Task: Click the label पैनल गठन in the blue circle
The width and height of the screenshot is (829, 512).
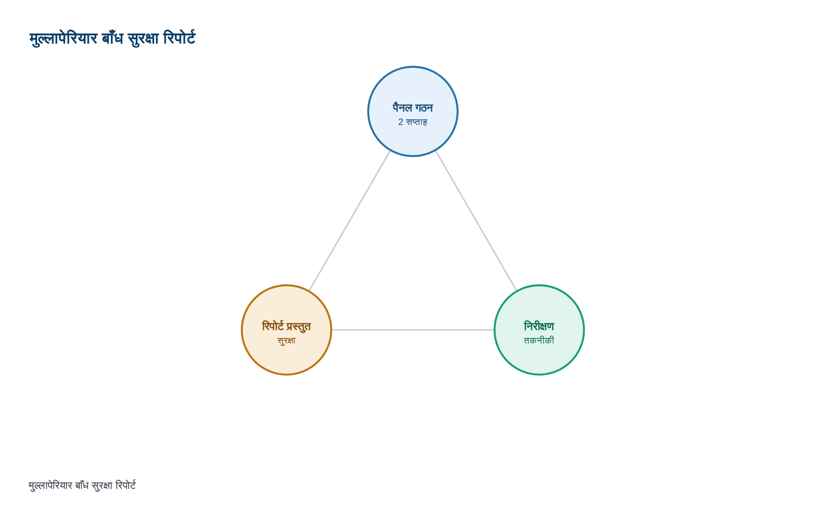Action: coord(413,108)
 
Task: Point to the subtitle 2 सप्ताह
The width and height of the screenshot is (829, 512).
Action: coord(413,122)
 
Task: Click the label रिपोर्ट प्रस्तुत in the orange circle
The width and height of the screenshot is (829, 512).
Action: coord(287,327)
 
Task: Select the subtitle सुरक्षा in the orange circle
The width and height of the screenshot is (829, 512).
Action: coord(287,341)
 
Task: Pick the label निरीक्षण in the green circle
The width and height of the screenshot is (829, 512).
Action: coord(539,326)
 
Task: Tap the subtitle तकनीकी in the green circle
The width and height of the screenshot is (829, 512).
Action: coord(539,340)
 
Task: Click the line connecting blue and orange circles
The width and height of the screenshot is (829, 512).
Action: coord(350,221)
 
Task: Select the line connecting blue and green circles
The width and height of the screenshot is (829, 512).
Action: coord(476,221)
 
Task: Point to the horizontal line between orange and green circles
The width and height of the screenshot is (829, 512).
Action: coord(413,330)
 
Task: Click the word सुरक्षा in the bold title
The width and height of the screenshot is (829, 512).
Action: coord(143,39)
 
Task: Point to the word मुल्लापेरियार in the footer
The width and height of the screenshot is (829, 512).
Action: coord(50,486)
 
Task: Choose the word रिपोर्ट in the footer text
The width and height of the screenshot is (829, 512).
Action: coord(126,485)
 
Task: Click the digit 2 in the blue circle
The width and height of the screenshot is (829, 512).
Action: coord(401,122)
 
